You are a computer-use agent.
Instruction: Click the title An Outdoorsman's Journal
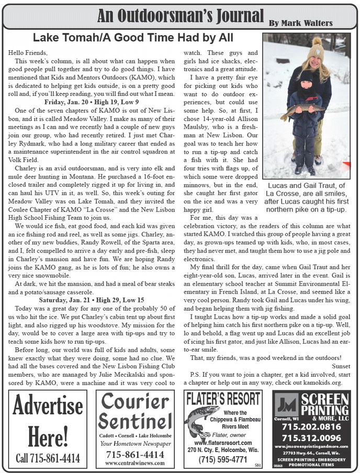pos(181,16)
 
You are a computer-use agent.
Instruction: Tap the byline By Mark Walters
pos(300,23)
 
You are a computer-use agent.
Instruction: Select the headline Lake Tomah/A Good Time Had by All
pos(133,38)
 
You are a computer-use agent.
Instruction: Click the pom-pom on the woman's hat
pos(317,41)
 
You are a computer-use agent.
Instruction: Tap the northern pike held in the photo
pos(303,109)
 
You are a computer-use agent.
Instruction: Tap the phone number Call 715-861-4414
pos(48,458)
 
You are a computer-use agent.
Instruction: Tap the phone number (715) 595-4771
pos(224,459)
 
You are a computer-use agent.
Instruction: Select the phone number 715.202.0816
pos(311,426)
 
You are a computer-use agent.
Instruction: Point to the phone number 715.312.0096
pos(311,437)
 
